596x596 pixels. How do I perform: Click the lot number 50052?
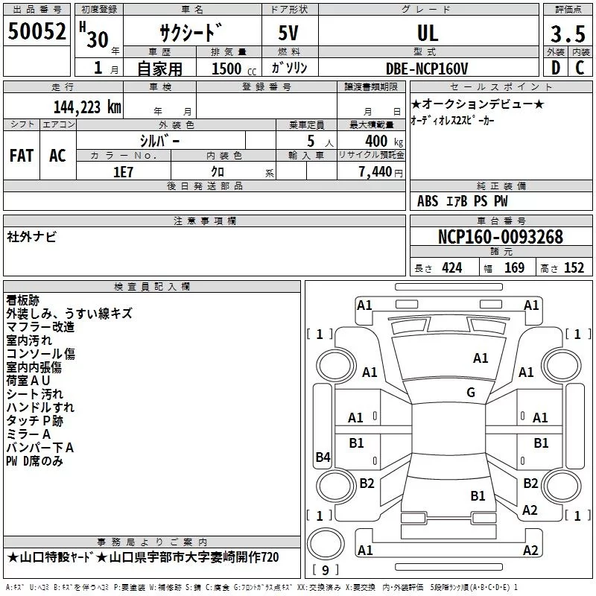pyautogui.click(x=37, y=32)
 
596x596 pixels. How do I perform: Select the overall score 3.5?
pyautogui.click(x=568, y=33)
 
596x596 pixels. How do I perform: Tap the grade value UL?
pyautogui.click(x=427, y=33)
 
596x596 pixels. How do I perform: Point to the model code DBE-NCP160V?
pyautogui.click(x=427, y=68)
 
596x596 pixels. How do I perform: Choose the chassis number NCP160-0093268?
pyautogui.click(x=500, y=238)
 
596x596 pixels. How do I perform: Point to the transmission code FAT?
pyautogui.click(x=21, y=156)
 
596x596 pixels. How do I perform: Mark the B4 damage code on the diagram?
pyautogui.click(x=323, y=457)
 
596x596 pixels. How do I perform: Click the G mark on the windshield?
pyautogui.click(x=470, y=393)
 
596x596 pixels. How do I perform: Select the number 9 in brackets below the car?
pyautogui.click(x=325, y=570)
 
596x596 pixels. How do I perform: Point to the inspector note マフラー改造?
pyautogui.click(x=40, y=326)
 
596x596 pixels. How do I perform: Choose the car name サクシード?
pyautogui.click(x=191, y=33)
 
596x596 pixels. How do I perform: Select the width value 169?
pyautogui.click(x=514, y=268)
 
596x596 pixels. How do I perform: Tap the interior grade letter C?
pyautogui.click(x=580, y=68)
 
